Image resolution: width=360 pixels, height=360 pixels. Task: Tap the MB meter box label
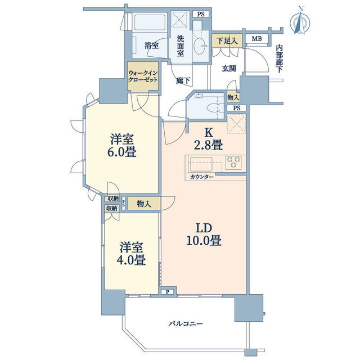(256, 39)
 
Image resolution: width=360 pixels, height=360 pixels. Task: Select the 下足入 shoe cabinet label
(227, 41)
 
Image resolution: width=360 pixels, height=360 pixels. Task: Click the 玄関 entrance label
(229, 69)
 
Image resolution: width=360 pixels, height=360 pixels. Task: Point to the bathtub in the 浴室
(150, 22)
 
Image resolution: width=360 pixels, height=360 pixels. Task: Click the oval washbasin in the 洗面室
(199, 46)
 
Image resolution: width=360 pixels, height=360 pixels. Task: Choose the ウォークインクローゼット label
(143, 76)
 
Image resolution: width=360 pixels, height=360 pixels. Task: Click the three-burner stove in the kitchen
(233, 163)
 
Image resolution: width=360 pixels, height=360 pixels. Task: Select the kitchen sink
(201, 164)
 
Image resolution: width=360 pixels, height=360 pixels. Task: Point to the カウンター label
(202, 177)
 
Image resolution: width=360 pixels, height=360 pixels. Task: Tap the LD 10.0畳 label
(204, 235)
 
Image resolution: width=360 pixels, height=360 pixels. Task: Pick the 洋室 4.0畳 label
(131, 254)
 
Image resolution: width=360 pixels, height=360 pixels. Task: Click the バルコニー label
(186, 324)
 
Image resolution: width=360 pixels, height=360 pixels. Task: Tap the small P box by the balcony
(168, 292)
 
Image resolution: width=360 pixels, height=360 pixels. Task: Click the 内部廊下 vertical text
(279, 59)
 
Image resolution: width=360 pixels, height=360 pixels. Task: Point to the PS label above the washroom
(201, 14)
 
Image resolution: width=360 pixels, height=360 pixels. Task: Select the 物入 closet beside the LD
(144, 204)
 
